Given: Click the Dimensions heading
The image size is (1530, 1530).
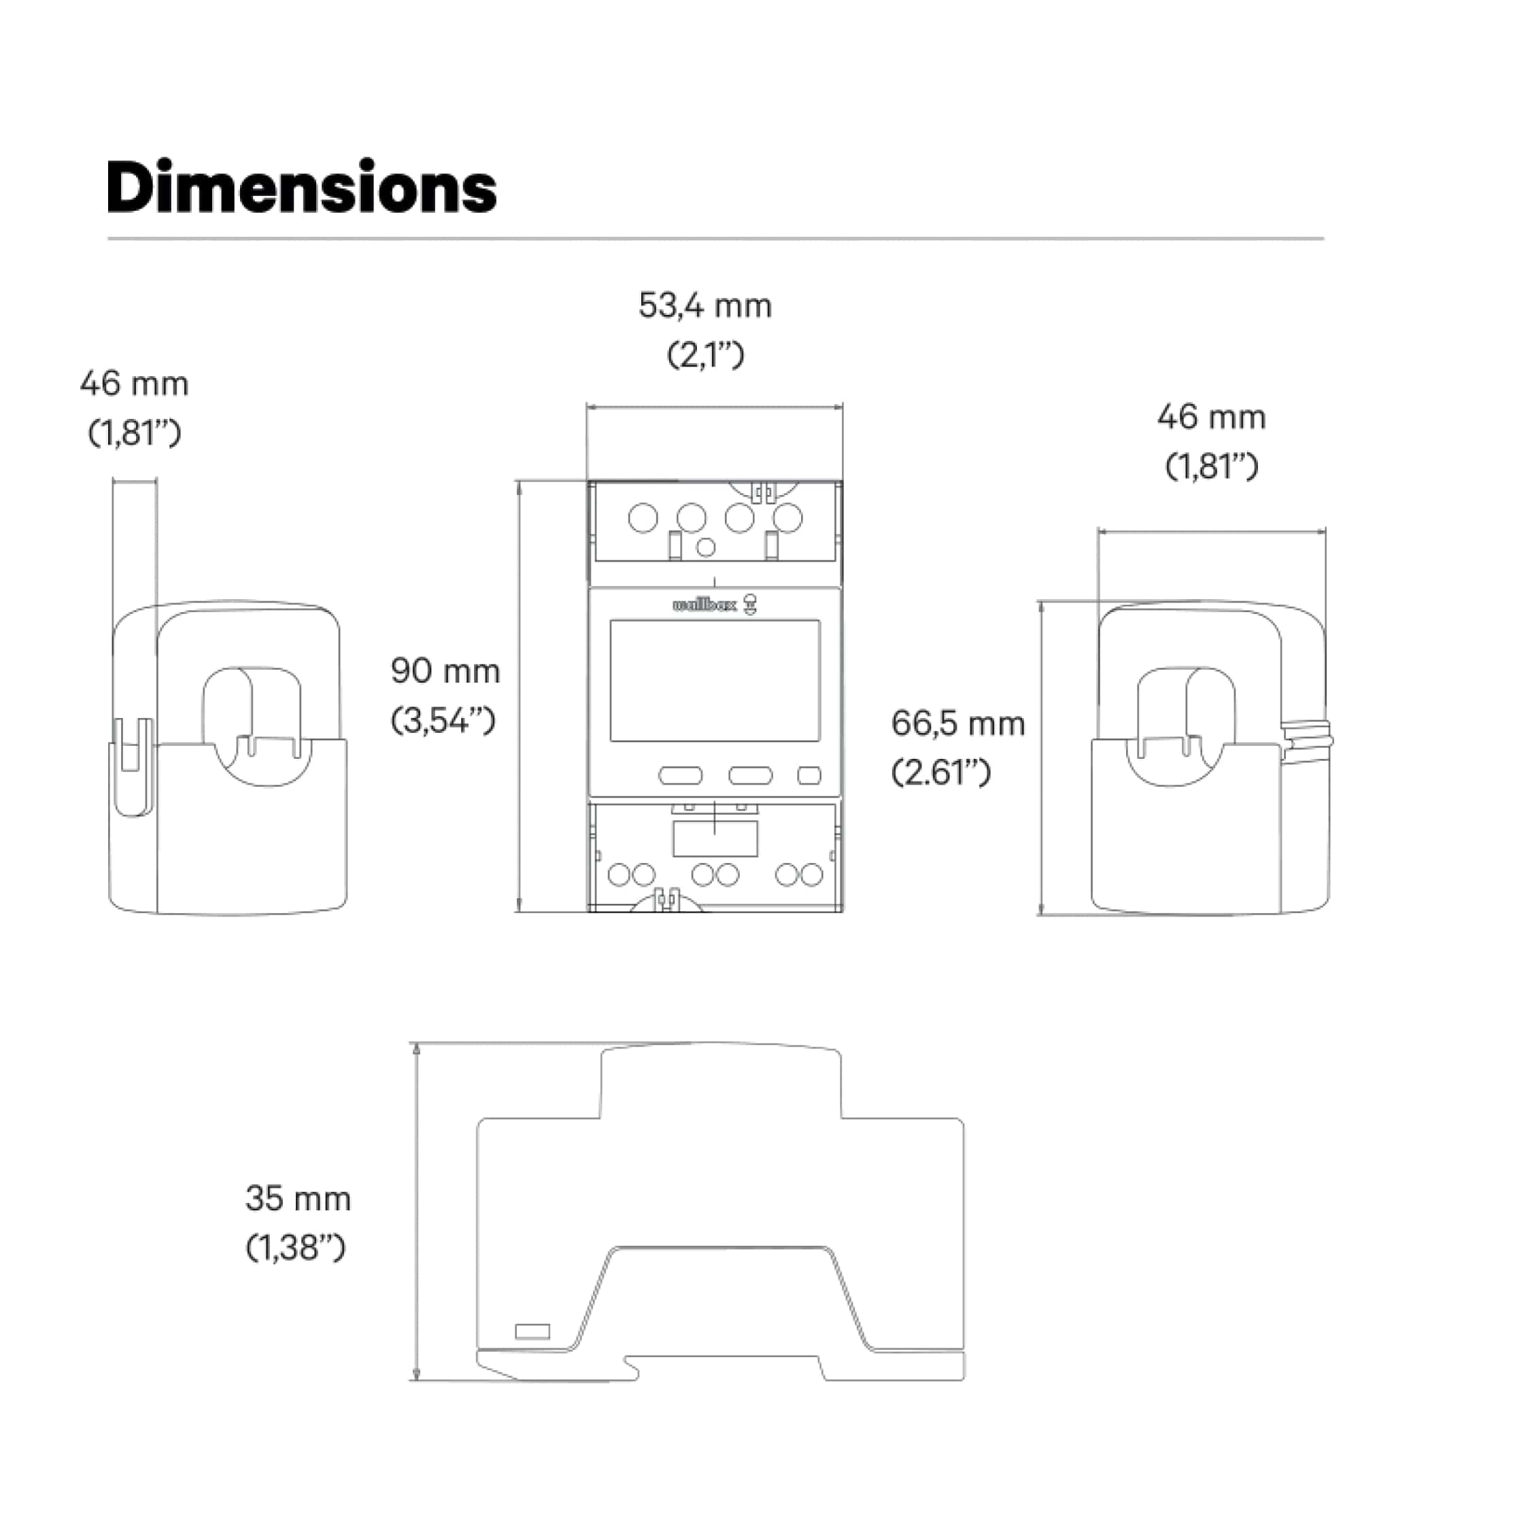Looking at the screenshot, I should [x=302, y=188].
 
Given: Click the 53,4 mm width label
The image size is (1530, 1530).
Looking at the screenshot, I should [x=704, y=307].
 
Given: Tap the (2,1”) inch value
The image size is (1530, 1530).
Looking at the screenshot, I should [x=704, y=356].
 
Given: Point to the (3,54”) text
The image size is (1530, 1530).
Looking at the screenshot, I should [x=443, y=721].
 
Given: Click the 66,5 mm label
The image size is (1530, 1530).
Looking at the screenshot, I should [x=957, y=724].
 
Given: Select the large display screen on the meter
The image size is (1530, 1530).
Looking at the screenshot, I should [x=714, y=681].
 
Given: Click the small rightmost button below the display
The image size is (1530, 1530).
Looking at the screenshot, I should [x=809, y=775].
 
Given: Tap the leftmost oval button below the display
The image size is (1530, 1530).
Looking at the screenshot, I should [x=680, y=775].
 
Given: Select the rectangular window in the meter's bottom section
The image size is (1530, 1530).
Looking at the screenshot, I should [x=715, y=838].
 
